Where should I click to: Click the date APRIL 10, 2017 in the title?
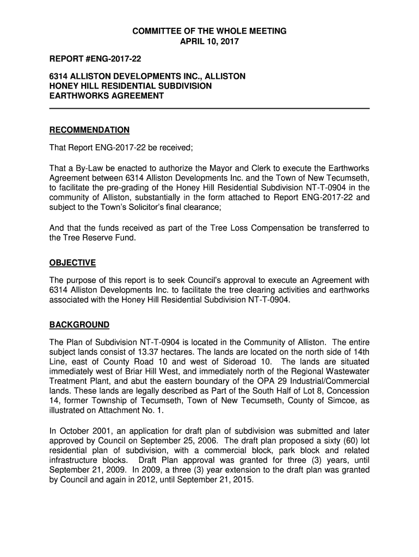[209, 41]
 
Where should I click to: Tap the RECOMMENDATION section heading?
[89, 130]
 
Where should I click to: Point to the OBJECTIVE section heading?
[72, 263]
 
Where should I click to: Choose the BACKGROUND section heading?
[79, 325]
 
